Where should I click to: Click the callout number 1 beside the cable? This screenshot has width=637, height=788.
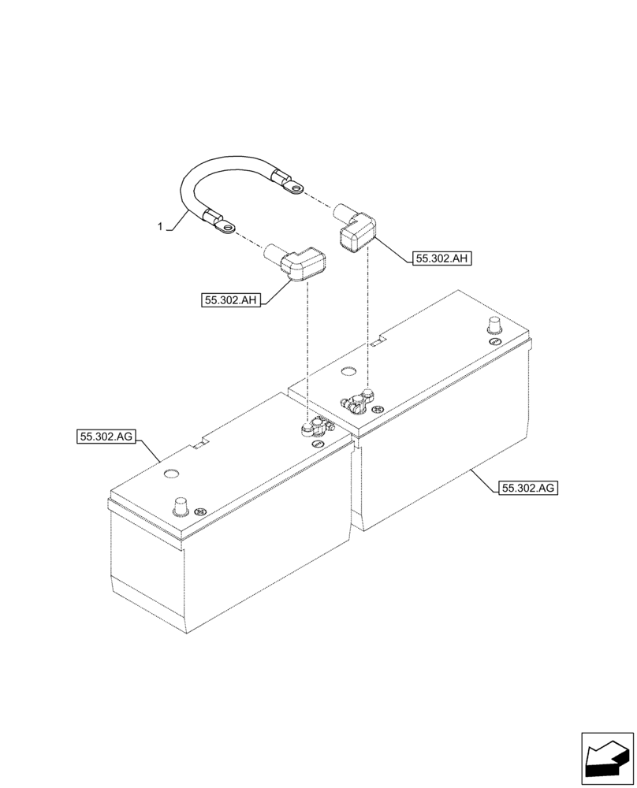[161, 227]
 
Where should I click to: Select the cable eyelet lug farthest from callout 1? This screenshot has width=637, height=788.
[296, 186]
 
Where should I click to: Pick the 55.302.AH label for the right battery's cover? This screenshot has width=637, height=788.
[441, 258]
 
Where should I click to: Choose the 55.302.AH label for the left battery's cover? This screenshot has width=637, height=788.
[231, 299]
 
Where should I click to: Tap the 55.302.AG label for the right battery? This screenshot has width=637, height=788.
[528, 488]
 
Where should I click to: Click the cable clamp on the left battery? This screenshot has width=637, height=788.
[316, 427]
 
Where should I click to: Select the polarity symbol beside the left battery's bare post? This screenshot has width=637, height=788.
[200, 511]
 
